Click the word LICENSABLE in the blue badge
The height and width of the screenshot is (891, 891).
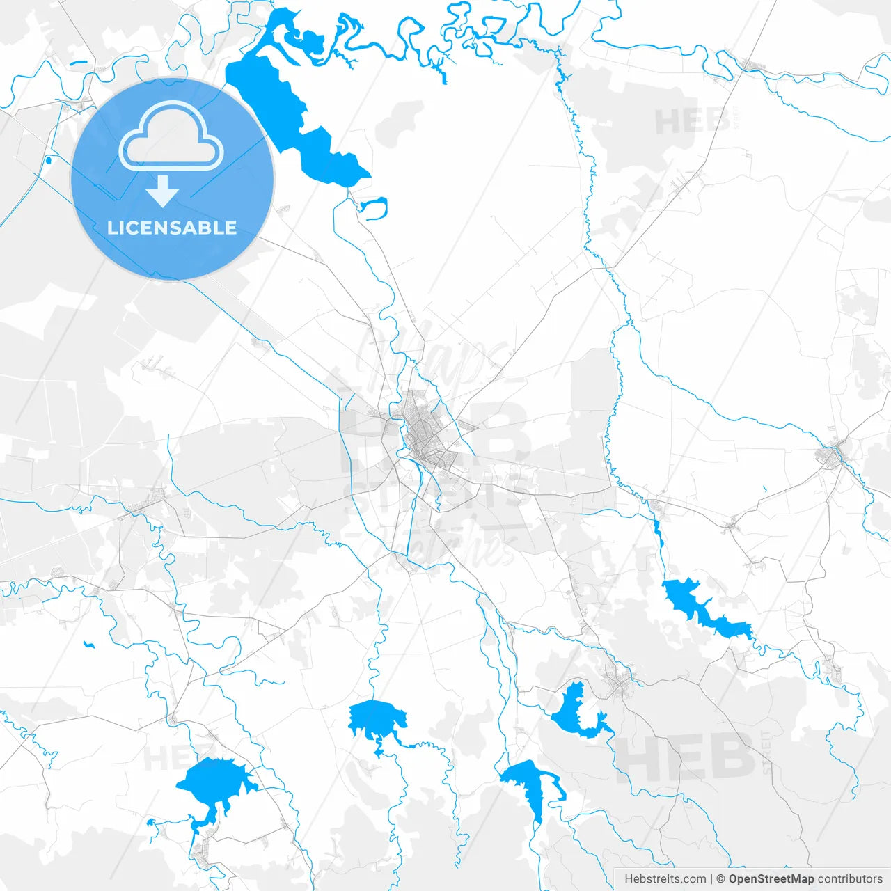click(x=172, y=228)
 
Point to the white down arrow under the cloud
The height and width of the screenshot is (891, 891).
click(x=163, y=191)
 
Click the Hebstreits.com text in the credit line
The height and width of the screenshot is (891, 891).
click(x=665, y=879)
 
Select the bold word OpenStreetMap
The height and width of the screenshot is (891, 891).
click(x=771, y=879)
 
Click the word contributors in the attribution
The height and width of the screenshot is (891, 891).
click(x=850, y=879)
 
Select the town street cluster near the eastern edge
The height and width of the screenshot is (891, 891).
click(x=833, y=456)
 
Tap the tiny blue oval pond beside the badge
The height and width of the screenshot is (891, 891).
click(x=48, y=161)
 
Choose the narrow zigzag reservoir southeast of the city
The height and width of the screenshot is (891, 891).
click(x=703, y=609)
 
